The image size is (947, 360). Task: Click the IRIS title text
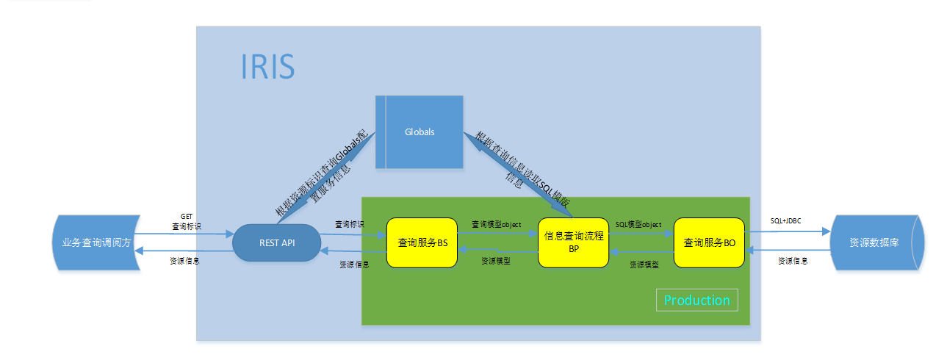click(x=268, y=66)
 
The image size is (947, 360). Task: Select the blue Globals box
click(x=420, y=132)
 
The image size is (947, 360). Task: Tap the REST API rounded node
click(x=276, y=242)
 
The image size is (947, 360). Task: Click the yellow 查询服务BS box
click(x=422, y=242)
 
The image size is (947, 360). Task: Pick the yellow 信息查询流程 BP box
click(x=574, y=242)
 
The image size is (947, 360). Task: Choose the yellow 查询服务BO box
click(x=709, y=242)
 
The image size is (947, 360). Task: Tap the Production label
click(x=696, y=300)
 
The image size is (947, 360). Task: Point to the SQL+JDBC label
click(x=785, y=220)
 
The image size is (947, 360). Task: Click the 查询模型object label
click(x=496, y=224)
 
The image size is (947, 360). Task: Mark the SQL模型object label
click(x=638, y=224)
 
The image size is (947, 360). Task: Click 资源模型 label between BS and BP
click(x=496, y=261)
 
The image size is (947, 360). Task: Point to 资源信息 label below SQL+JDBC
click(x=792, y=260)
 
